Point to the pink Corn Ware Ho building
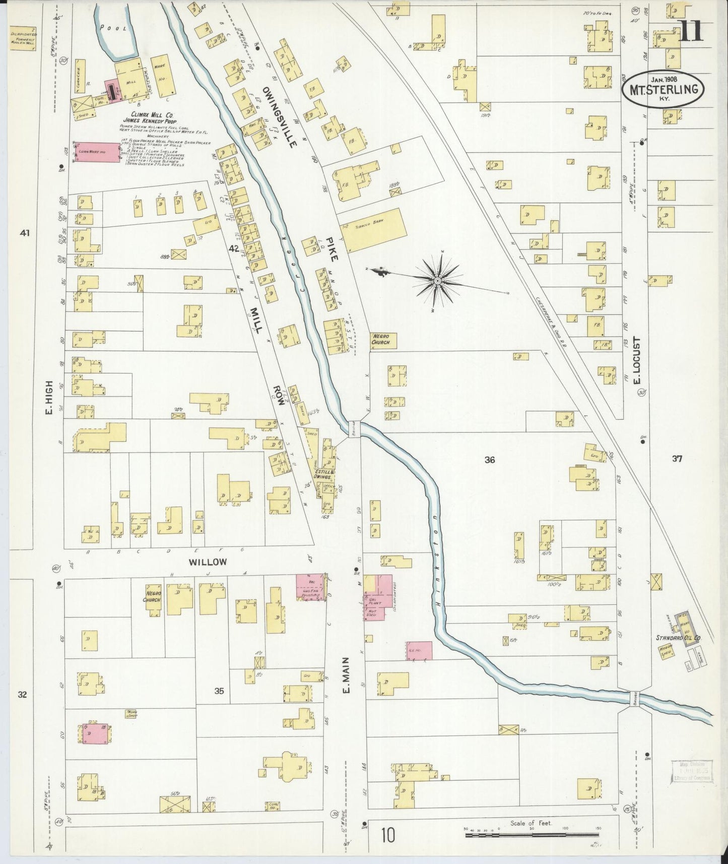pos(98,151)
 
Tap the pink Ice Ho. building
pos(419,650)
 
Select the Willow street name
pos(208,562)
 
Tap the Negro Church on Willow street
pos(151,597)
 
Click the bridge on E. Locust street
pos(635,699)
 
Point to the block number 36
pos(489,459)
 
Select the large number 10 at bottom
pos(388,836)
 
